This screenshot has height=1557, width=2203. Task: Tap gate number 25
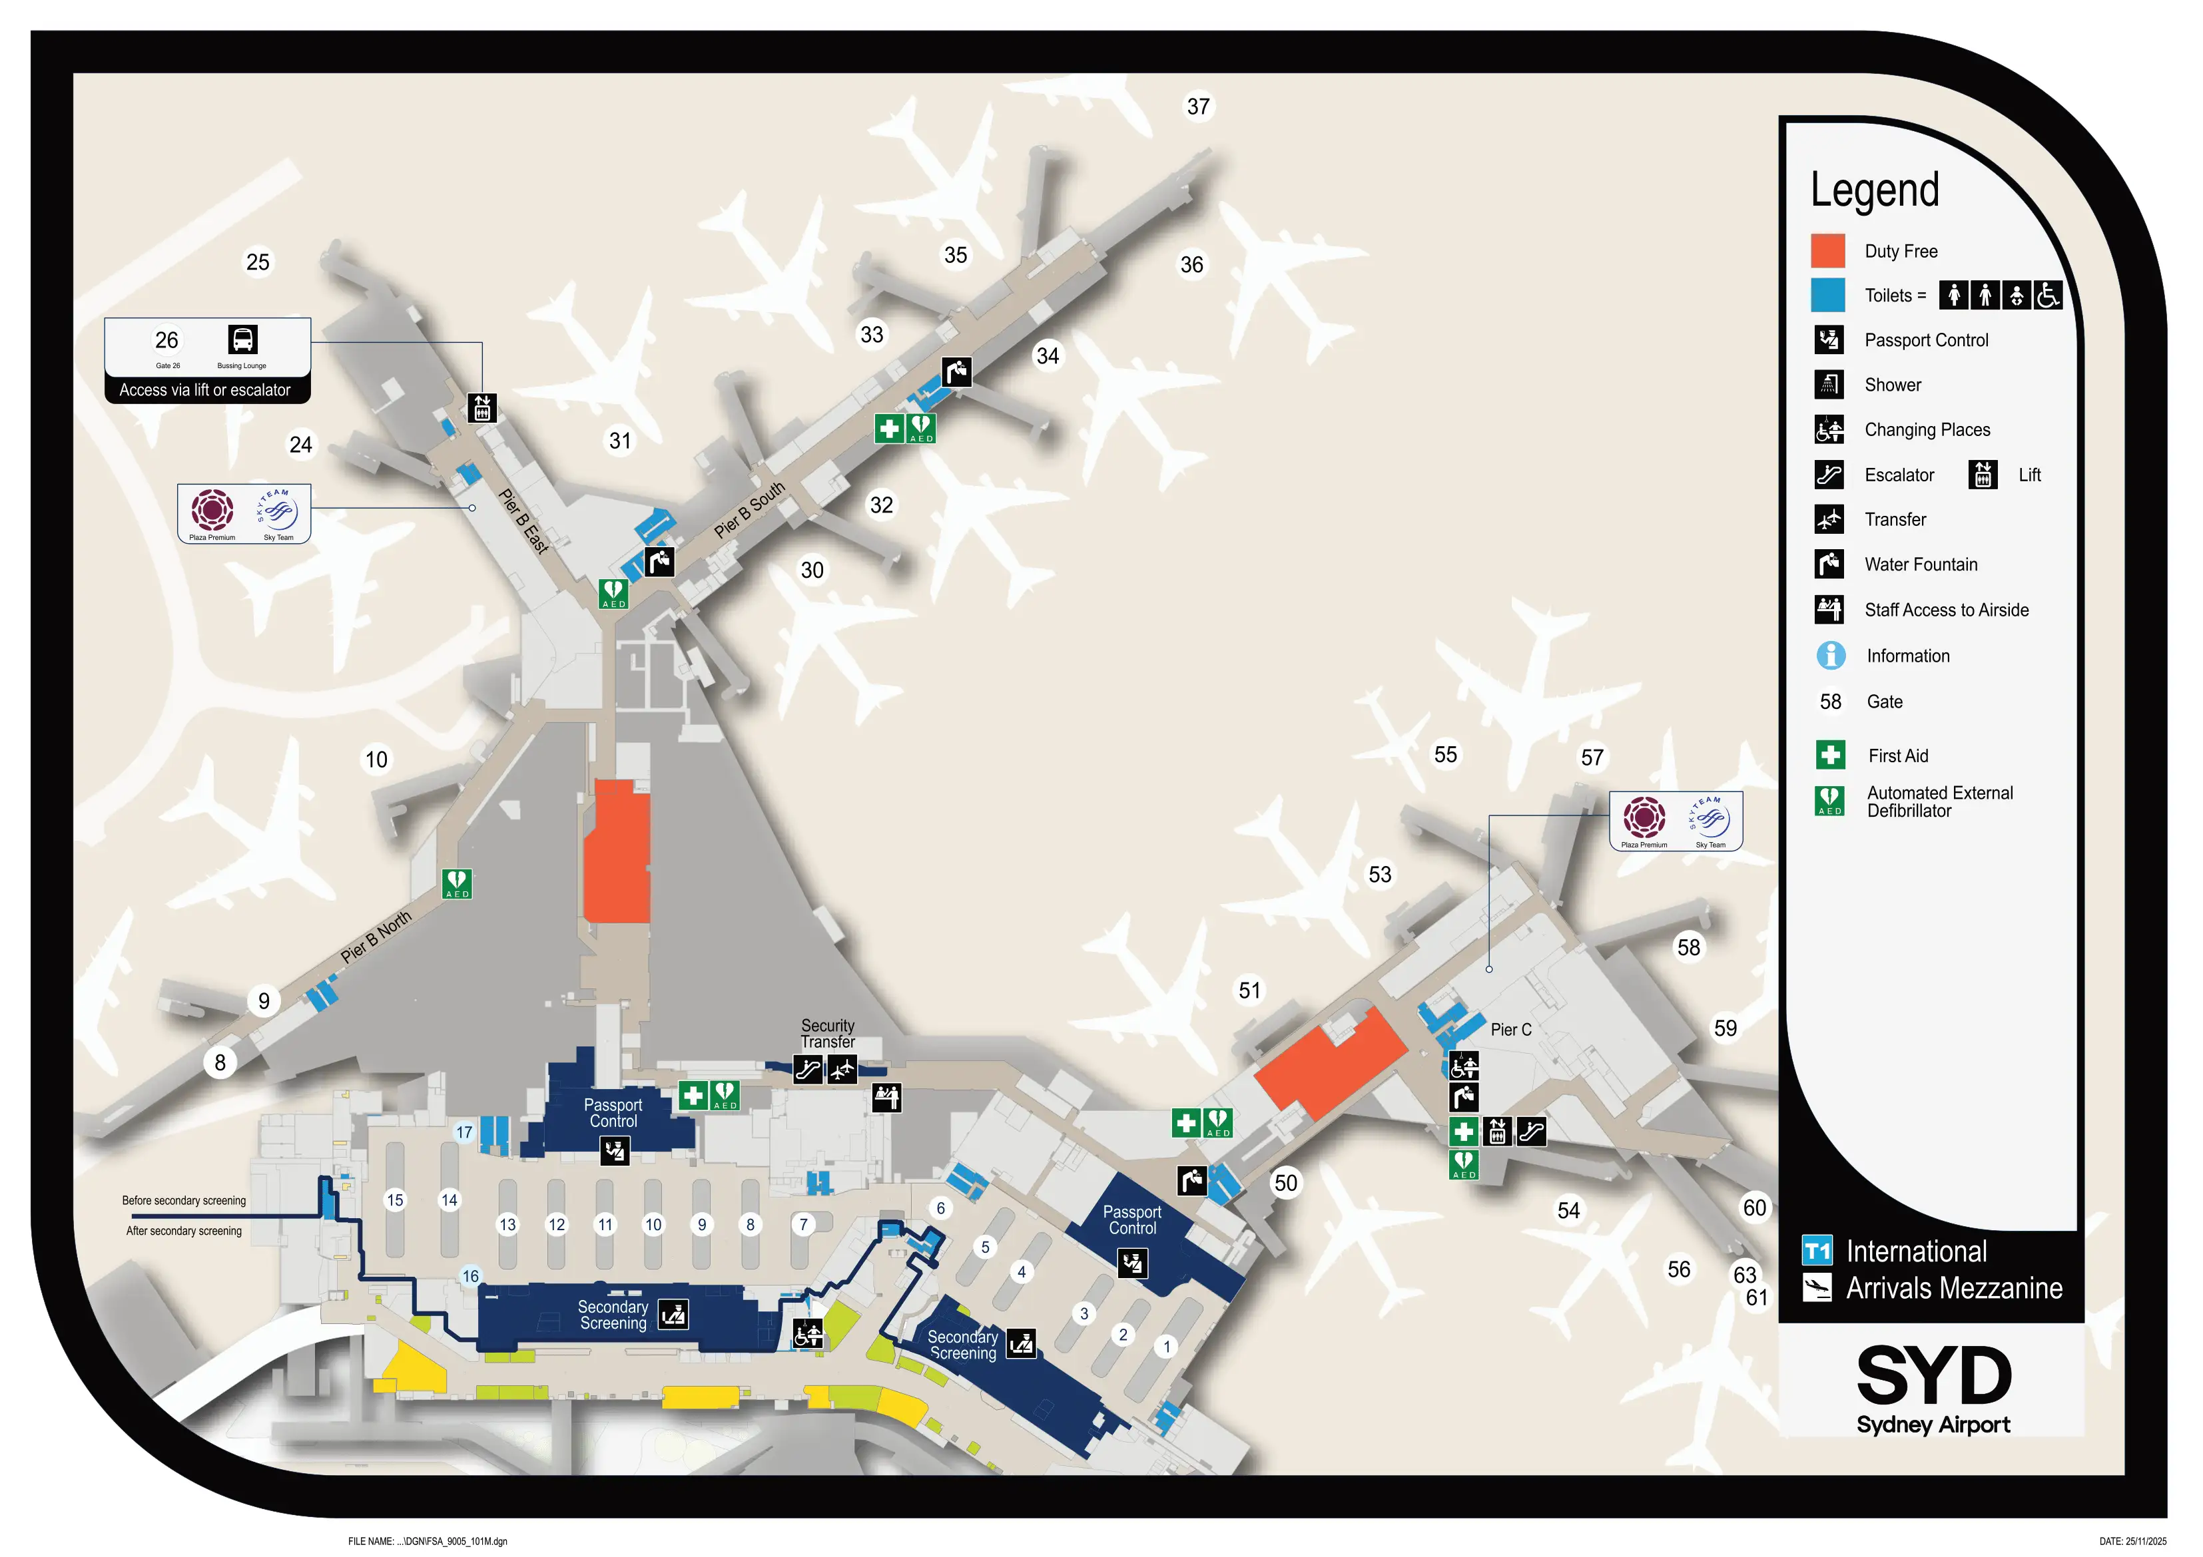coord(257,262)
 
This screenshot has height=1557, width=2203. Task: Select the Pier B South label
coord(749,509)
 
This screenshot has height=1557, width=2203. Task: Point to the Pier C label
coord(1510,1029)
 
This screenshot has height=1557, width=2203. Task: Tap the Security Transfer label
coord(827,1033)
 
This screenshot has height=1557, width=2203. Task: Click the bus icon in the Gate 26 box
coord(243,339)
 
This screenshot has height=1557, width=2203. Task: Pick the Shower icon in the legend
coord(1828,385)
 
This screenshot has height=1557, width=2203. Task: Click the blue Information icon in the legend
coord(1830,655)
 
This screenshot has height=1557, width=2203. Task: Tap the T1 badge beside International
coord(1816,1251)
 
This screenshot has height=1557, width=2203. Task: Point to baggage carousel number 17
coord(464,1132)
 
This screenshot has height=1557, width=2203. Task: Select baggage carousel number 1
coord(1167,1346)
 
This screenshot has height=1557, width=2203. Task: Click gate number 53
coord(1379,874)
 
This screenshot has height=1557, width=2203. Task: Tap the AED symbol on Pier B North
coord(457,883)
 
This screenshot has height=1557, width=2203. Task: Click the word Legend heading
coord(1874,190)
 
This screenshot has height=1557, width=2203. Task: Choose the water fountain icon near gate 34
coord(956,371)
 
